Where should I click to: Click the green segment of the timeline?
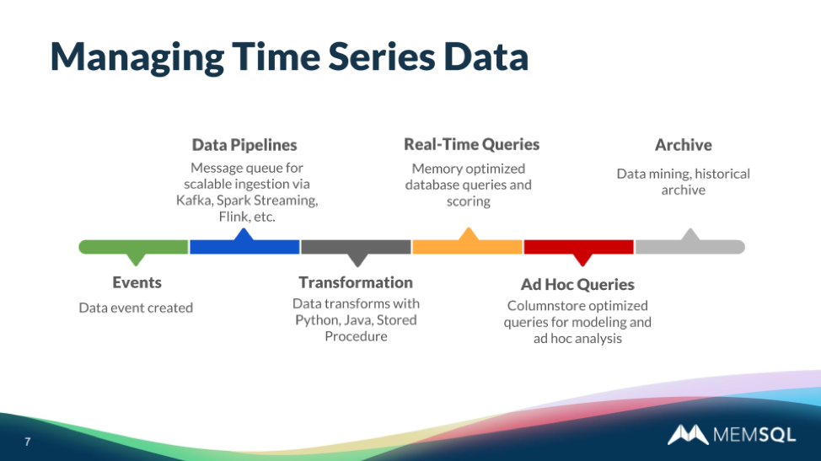pos(133,247)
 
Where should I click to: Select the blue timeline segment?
pos(244,246)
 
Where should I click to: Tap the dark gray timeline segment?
pos(356,247)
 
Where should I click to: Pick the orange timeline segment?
pos(467,246)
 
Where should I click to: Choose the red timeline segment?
pos(578,247)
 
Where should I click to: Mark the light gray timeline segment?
pos(690,246)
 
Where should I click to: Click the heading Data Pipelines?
pos(244,145)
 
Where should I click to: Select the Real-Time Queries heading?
pos(471,144)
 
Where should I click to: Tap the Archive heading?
pos(683,145)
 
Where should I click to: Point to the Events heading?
pos(137,282)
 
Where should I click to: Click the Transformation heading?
pos(356,282)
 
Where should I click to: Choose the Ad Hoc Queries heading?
pos(577,285)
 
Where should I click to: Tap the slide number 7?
pos(27,442)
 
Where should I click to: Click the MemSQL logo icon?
pos(688,435)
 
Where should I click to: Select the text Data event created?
pos(136,308)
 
